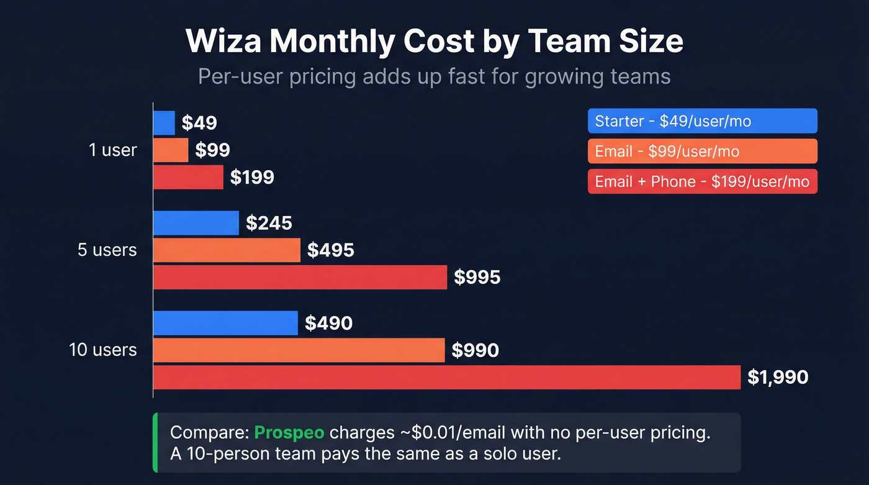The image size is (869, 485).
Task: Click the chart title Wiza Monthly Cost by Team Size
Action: click(x=434, y=42)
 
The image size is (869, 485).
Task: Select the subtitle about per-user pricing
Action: click(x=434, y=76)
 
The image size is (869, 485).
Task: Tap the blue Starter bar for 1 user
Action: click(x=164, y=123)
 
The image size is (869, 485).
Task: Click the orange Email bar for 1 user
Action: click(x=171, y=150)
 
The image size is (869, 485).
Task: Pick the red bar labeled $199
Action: click(x=188, y=177)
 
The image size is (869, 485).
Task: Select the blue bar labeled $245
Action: click(x=196, y=223)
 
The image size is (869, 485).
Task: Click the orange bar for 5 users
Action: click(x=227, y=250)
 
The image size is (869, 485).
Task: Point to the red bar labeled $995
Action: click(x=300, y=277)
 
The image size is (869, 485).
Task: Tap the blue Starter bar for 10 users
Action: click(x=225, y=323)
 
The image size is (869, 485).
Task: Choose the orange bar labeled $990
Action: click(x=299, y=350)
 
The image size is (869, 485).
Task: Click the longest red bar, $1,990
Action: click(x=447, y=377)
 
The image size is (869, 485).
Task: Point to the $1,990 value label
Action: click(x=778, y=377)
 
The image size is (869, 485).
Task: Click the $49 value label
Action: click(x=199, y=123)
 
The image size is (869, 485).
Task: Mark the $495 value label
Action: click(x=331, y=250)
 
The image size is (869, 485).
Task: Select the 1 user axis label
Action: click(x=112, y=150)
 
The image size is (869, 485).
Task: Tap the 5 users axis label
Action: click(x=107, y=250)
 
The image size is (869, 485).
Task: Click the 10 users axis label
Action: click(x=102, y=350)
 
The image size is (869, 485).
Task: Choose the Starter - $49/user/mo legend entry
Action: click(x=702, y=121)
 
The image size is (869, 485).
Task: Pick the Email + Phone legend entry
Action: click(x=702, y=181)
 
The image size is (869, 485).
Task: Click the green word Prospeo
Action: click(x=289, y=433)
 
